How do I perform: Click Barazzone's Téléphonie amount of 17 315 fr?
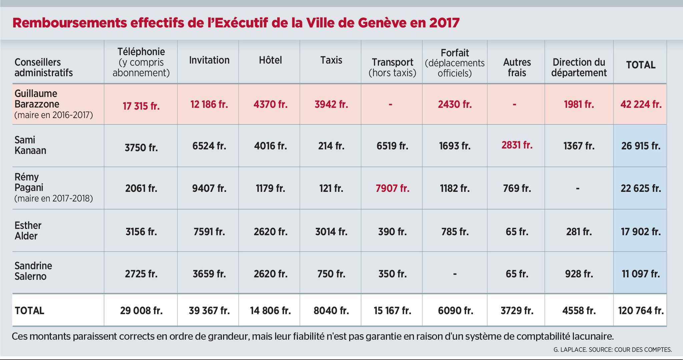coord(141,106)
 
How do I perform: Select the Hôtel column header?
coord(270,60)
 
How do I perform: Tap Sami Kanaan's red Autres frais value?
coord(517,145)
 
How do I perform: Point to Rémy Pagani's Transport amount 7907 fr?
coord(392,189)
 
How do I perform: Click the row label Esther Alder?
coord(28,231)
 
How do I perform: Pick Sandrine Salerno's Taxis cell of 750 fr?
coord(331,274)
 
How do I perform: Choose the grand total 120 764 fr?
coord(641,311)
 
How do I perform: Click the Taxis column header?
coord(331,60)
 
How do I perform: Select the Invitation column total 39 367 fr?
coord(209,311)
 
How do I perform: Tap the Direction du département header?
coord(579,67)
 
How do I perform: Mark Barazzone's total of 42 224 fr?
coord(641,104)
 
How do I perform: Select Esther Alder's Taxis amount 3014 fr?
coord(331,232)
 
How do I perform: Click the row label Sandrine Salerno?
coord(33,271)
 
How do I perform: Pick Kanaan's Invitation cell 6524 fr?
coord(209,146)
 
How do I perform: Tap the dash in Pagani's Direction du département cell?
coord(578,189)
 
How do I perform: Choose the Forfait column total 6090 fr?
coord(455,311)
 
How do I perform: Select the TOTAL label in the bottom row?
coord(29,311)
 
